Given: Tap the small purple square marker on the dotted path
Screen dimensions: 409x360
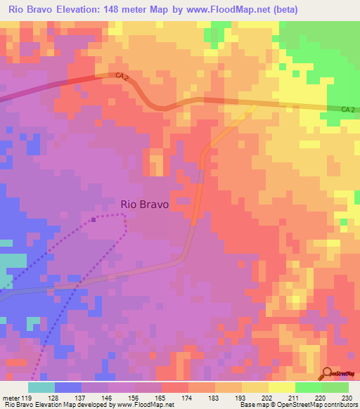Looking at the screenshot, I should click(94, 219).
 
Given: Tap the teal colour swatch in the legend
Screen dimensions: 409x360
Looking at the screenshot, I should click(41, 387).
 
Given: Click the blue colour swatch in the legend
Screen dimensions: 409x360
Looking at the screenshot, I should click(68, 387).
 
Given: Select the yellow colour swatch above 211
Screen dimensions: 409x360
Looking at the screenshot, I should click(282, 387).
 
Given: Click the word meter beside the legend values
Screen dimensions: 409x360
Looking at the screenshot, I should click(10, 397).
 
